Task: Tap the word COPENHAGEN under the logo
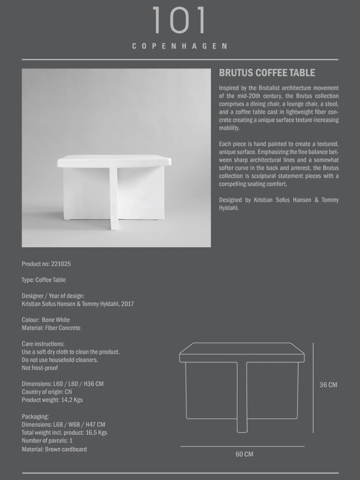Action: pos(180,46)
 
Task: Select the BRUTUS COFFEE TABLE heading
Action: pos(267,73)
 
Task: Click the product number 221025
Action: pos(61,264)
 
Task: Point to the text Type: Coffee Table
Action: pos(44,280)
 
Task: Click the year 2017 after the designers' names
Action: pos(128,304)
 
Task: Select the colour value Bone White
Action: pos(56,320)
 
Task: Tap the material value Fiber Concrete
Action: pos(63,328)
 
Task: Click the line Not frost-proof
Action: pos(40,368)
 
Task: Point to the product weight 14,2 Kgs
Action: pos(72,400)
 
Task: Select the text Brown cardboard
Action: pos(66,449)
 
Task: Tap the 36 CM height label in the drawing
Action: pos(328,385)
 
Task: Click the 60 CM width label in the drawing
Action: pos(244,454)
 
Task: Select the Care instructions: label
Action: pos(43,344)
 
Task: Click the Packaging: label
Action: pos(35,417)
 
